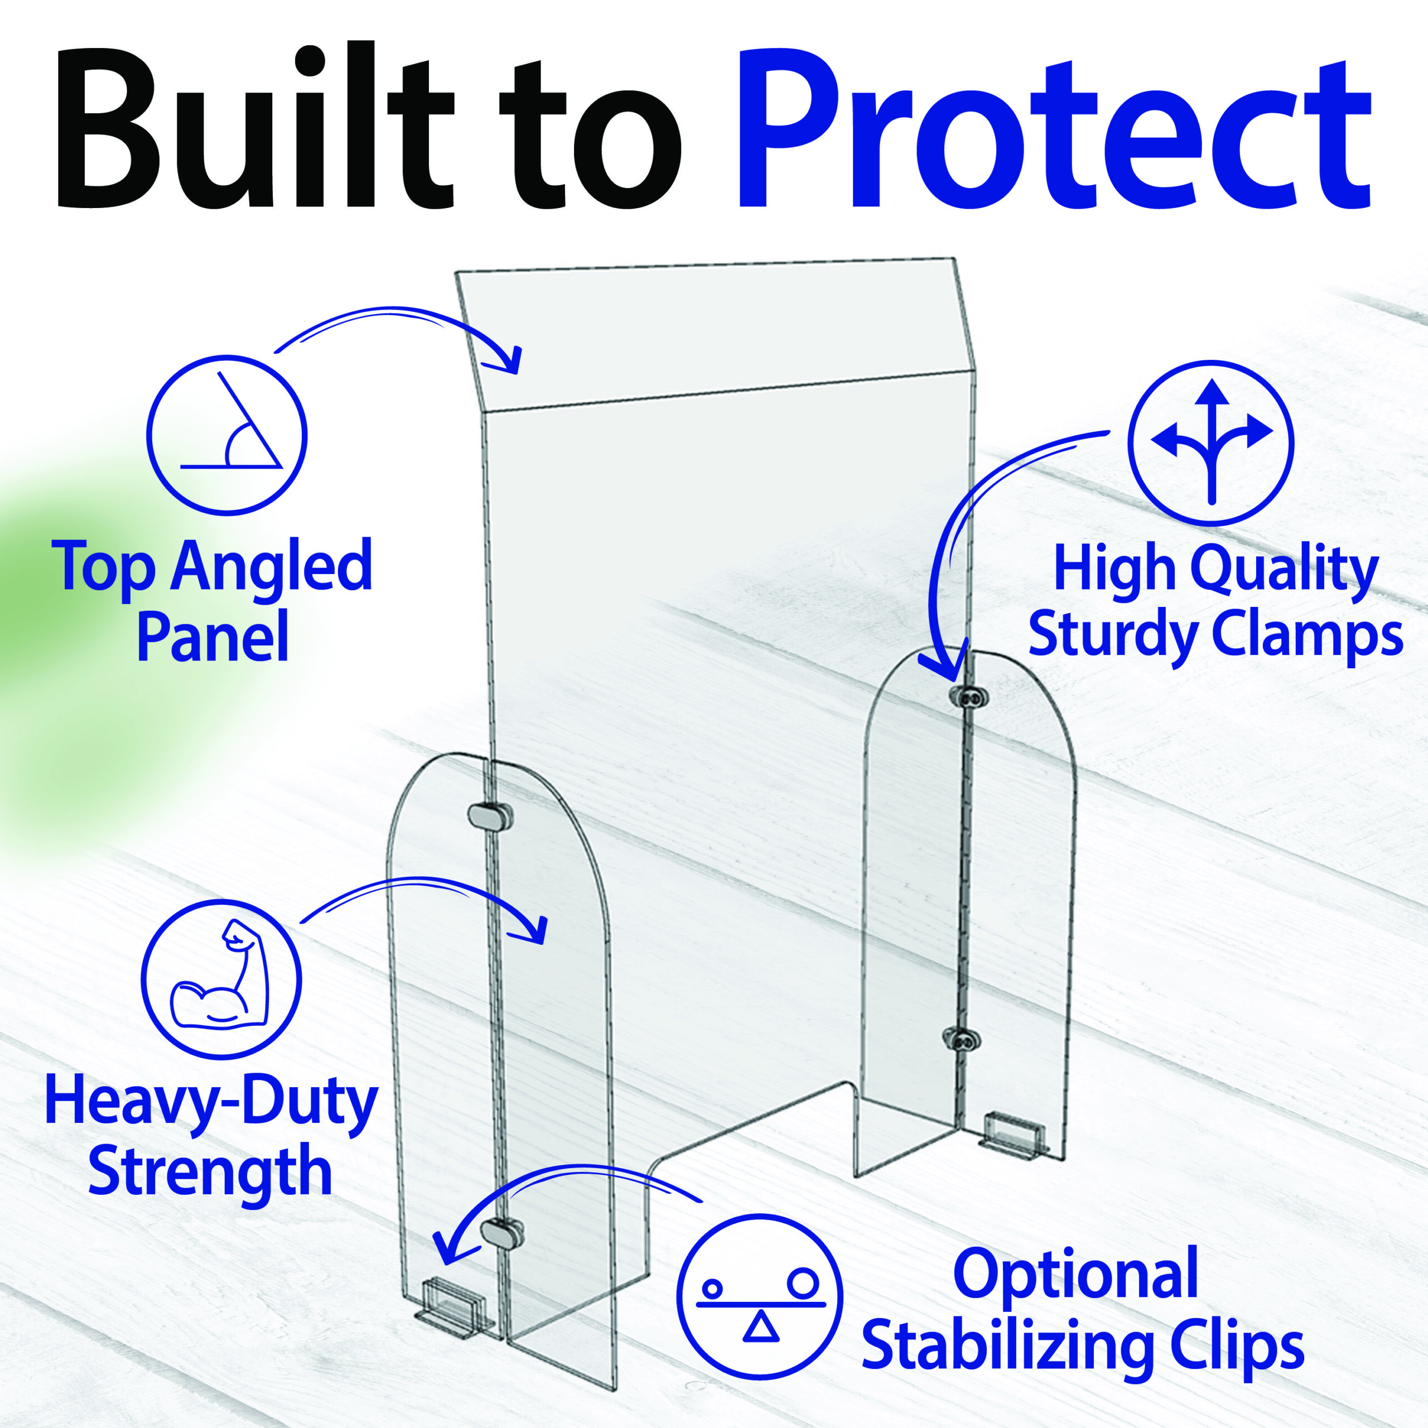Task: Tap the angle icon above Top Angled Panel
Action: tap(227, 435)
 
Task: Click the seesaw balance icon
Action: tap(760, 1296)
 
